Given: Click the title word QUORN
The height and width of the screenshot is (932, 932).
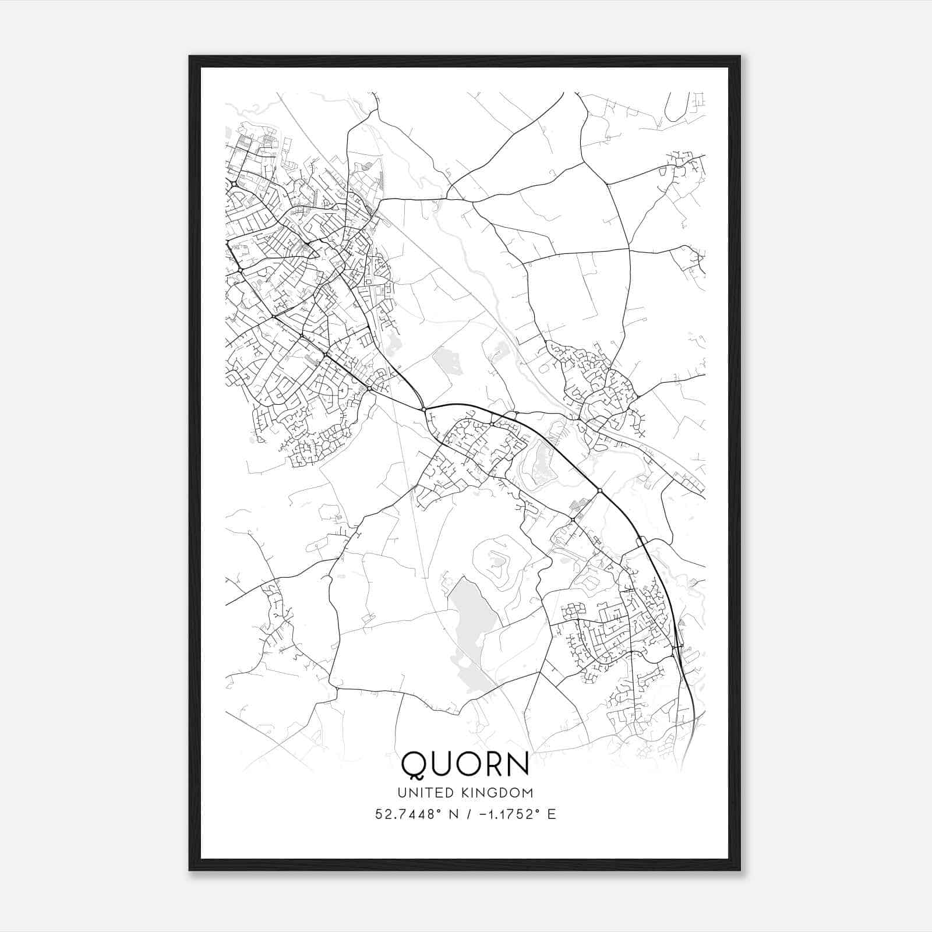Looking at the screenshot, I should tap(465, 764).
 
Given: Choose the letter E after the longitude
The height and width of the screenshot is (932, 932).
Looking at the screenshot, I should tap(551, 814).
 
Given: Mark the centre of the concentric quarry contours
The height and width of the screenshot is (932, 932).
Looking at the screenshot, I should tap(498, 561).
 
